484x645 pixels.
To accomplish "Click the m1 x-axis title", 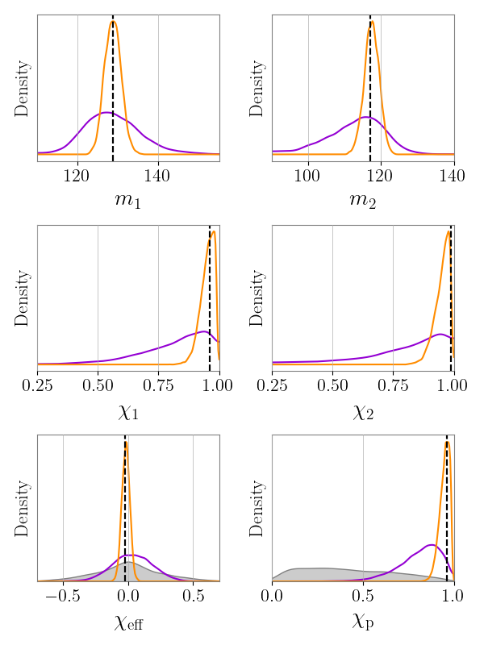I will [128, 200].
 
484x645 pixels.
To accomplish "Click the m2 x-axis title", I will [363, 200].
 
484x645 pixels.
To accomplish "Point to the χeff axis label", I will [128, 622].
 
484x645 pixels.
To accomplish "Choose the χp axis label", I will [363, 622].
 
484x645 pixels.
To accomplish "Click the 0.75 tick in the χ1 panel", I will [159, 385].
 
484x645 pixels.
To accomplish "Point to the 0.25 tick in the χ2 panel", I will [273, 385].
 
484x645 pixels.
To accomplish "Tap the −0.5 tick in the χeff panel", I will [63, 595].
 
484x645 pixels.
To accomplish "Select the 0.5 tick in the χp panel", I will [363, 595].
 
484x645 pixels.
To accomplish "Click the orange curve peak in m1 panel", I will [113, 21].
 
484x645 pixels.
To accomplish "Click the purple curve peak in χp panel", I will [432, 545].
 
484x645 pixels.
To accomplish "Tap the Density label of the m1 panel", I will [23, 88].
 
